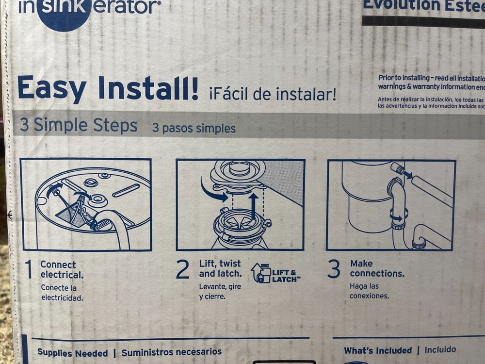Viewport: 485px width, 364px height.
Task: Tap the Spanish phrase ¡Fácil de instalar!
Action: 272,93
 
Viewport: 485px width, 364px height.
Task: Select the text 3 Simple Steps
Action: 79,126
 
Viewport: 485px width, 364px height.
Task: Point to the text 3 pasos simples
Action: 194,128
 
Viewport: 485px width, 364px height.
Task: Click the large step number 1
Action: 29,270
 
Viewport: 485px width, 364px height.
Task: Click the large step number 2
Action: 182,270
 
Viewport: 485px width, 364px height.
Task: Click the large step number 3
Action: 333,270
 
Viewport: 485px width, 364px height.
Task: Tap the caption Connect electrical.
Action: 61,269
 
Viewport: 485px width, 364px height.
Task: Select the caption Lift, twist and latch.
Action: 220,268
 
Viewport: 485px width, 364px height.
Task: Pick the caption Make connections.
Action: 376,268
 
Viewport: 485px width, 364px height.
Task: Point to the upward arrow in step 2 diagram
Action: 253,206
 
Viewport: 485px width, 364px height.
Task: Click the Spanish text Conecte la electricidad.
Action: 62,293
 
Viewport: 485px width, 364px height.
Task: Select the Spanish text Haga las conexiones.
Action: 369,291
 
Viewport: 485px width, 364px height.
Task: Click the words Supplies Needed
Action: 72,353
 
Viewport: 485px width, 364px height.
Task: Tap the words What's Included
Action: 377,350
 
